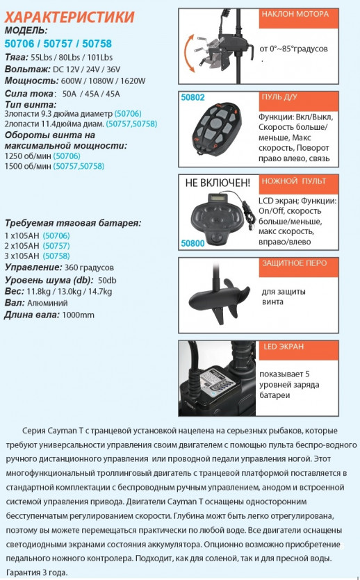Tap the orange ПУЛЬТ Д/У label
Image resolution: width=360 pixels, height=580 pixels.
(x=281, y=97)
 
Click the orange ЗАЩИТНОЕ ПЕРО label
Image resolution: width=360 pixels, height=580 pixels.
(x=293, y=263)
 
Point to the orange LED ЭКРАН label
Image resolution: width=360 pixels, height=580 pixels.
(x=284, y=346)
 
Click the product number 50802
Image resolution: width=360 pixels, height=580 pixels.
(x=195, y=98)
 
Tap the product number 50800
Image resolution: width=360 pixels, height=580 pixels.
(x=195, y=243)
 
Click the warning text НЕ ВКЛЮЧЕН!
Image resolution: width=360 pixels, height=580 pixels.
(x=218, y=183)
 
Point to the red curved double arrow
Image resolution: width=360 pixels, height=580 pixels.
(x=187, y=56)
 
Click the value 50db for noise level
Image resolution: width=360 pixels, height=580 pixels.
(x=108, y=279)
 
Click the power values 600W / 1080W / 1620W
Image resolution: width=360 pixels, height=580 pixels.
(x=104, y=81)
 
